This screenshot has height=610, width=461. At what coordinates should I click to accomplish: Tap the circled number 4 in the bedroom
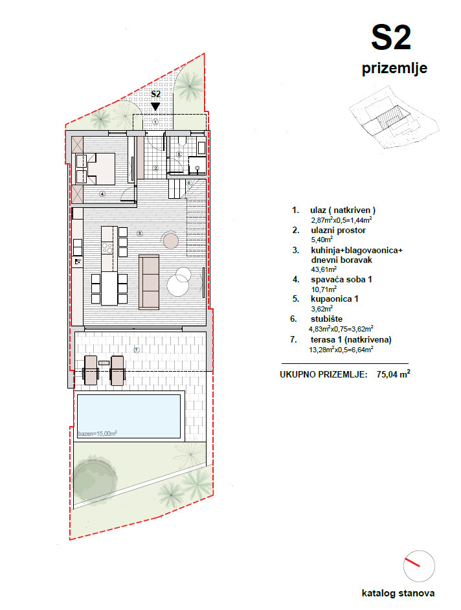[x=102, y=194]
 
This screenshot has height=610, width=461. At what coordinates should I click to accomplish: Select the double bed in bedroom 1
[x=95, y=168]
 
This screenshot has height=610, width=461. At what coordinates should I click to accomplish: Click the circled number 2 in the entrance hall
[x=155, y=168]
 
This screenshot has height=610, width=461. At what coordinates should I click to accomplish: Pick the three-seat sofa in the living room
[x=149, y=281]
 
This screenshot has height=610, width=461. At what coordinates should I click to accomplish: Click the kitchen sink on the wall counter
[x=77, y=261]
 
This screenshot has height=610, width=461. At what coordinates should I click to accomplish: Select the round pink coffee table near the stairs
[x=171, y=241]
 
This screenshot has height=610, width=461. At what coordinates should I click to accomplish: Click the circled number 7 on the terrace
[x=137, y=350]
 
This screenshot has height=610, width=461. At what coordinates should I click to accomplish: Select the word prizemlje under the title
[x=394, y=69]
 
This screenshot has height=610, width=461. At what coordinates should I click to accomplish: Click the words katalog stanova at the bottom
[x=398, y=593]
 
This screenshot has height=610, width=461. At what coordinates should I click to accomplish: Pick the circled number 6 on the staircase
[x=188, y=183]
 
